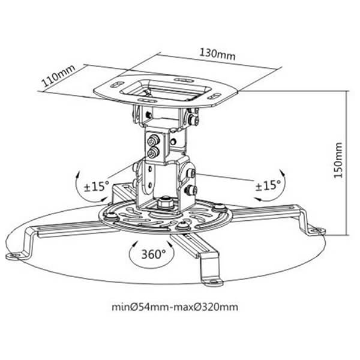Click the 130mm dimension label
[x=217, y=54]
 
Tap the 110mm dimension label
[x=58, y=76]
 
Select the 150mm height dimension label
[x=338, y=160]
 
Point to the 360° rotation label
[x=154, y=254]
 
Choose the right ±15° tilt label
[x=268, y=185]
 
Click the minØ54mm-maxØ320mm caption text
[x=175, y=307]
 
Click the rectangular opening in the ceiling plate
[x=166, y=90]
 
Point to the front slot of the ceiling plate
[x=147, y=101]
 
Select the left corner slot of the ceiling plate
[x=117, y=84]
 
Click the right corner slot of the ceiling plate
[x=214, y=96]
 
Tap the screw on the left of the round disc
[x=111, y=215]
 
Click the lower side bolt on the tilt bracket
[x=191, y=190]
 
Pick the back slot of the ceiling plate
[x=184, y=80]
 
